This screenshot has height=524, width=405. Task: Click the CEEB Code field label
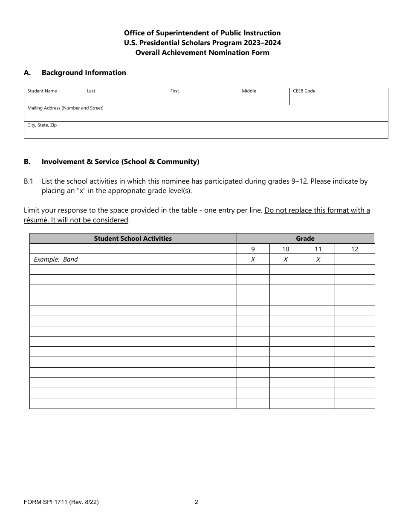(304, 91)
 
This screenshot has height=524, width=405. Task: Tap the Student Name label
(42, 91)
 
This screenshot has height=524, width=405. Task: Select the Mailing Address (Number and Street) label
(65, 108)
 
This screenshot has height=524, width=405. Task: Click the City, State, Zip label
(42, 125)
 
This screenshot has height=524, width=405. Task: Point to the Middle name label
(249, 91)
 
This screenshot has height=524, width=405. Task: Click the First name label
(175, 91)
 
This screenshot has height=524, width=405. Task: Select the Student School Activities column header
(133, 239)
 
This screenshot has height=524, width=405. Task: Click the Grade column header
(305, 239)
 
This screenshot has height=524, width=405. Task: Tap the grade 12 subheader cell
(355, 249)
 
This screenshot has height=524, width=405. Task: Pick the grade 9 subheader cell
(253, 249)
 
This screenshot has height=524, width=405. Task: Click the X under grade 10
(286, 259)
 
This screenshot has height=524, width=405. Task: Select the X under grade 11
(318, 259)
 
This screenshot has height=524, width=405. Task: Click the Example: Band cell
(56, 259)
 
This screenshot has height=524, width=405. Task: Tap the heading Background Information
(84, 73)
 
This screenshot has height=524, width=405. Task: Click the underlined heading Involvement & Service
(120, 162)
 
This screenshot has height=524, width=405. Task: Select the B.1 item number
(29, 181)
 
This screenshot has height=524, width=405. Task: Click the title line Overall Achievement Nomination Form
(202, 53)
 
